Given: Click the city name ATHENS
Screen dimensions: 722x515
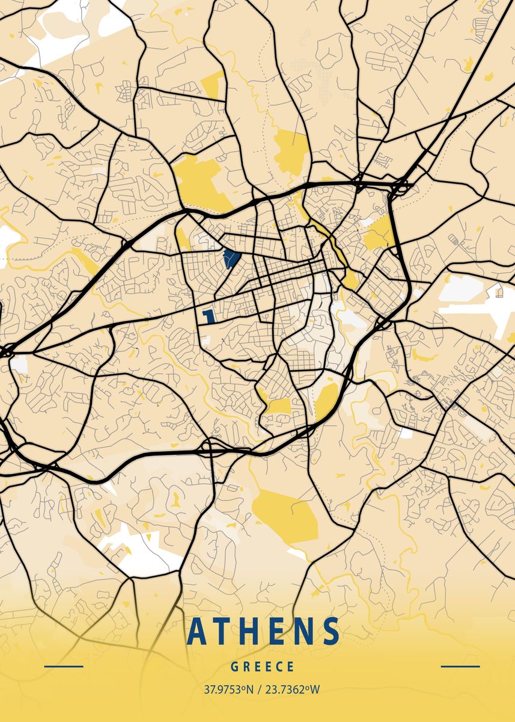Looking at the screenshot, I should point(263,631).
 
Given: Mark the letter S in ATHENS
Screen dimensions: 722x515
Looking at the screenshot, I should point(330,631).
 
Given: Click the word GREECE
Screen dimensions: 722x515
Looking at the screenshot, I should point(263,667).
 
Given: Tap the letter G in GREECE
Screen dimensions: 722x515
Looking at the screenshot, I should point(234,667).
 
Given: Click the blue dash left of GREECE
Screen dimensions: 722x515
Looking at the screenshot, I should point(64,667).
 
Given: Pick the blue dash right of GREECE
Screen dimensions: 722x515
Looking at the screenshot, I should point(460,667).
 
